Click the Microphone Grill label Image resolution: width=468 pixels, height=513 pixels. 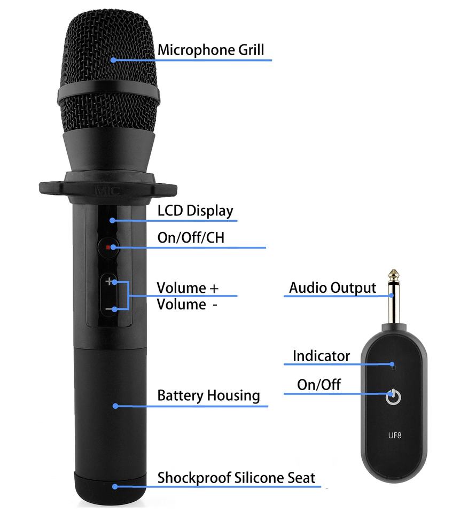[210, 50]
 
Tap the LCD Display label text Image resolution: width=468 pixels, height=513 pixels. [195, 211]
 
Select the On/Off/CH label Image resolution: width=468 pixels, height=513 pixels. [191, 238]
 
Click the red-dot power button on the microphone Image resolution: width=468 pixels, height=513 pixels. [109, 247]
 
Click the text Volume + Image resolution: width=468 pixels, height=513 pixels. [188, 288]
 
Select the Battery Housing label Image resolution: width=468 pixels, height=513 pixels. [208, 396]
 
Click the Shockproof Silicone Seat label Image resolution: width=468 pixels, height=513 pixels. [236, 478]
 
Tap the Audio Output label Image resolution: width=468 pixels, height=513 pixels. [332, 287]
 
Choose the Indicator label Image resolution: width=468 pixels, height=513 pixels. [321, 356]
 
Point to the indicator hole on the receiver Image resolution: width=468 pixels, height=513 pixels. [394, 367]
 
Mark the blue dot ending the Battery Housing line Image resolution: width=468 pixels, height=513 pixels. [115, 406]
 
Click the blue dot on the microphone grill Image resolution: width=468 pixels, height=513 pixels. [113, 60]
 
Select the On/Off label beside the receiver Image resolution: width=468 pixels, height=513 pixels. [318, 385]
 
